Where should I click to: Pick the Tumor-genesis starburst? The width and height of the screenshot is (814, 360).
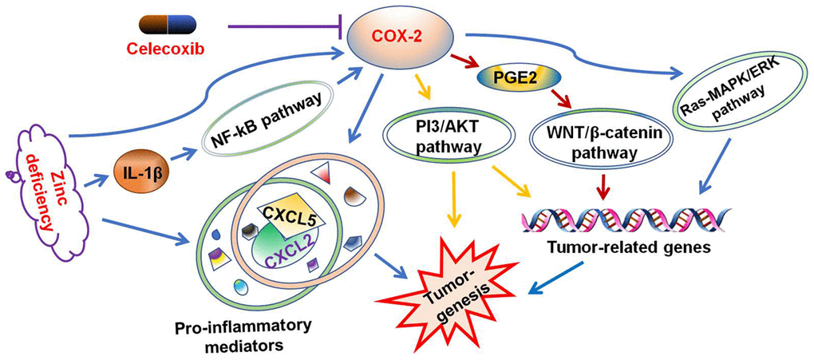click(456, 287)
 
